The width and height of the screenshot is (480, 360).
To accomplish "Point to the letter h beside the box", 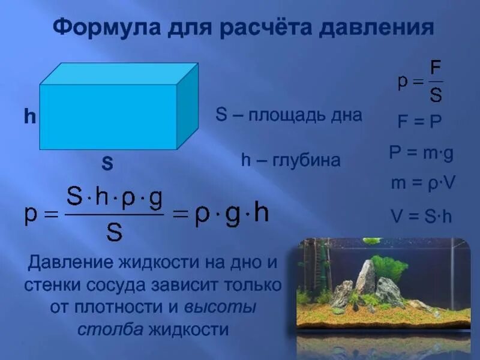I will click(29, 116).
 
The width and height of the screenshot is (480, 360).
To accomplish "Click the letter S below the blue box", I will click(107, 163).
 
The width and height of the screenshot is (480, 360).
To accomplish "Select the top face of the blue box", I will click(119, 74).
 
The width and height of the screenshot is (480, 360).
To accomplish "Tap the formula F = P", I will click(420, 121).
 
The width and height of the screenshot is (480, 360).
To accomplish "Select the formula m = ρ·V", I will click(423, 184).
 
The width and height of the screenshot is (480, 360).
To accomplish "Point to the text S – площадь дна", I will click(289, 115).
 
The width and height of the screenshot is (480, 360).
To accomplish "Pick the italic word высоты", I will click(220, 307).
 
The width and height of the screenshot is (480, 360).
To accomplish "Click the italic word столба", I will click(102, 329).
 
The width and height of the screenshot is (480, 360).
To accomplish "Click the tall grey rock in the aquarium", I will click(365, 278).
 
